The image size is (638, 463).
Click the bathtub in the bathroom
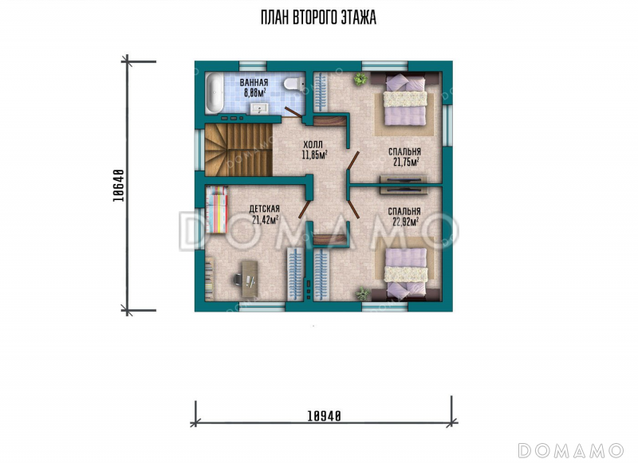point(214,93)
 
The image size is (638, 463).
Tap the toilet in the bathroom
point(293,84)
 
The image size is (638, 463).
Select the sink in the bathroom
point(258,108)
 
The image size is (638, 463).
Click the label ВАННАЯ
point(254,83)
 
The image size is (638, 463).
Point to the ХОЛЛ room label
point(313,145)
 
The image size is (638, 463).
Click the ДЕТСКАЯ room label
point(265,209)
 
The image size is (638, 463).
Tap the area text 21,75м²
point(406,163)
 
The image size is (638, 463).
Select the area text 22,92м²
point(405,222)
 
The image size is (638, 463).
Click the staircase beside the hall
point(238,150)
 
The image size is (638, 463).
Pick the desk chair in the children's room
point(238,279)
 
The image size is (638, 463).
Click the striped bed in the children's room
point(216,210)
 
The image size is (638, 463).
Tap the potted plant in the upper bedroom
point(360,78)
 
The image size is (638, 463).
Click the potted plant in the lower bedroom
point(362,293)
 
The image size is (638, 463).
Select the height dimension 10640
point(118,186)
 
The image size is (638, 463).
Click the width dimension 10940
point(324,416)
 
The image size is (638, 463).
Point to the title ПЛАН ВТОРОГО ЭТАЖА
point(318,18)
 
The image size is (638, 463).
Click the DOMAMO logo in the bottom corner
point(570,451)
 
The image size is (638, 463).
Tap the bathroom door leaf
point(293,112)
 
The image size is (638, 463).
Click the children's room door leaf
point(304,209)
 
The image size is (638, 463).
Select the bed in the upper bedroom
point(405,99)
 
